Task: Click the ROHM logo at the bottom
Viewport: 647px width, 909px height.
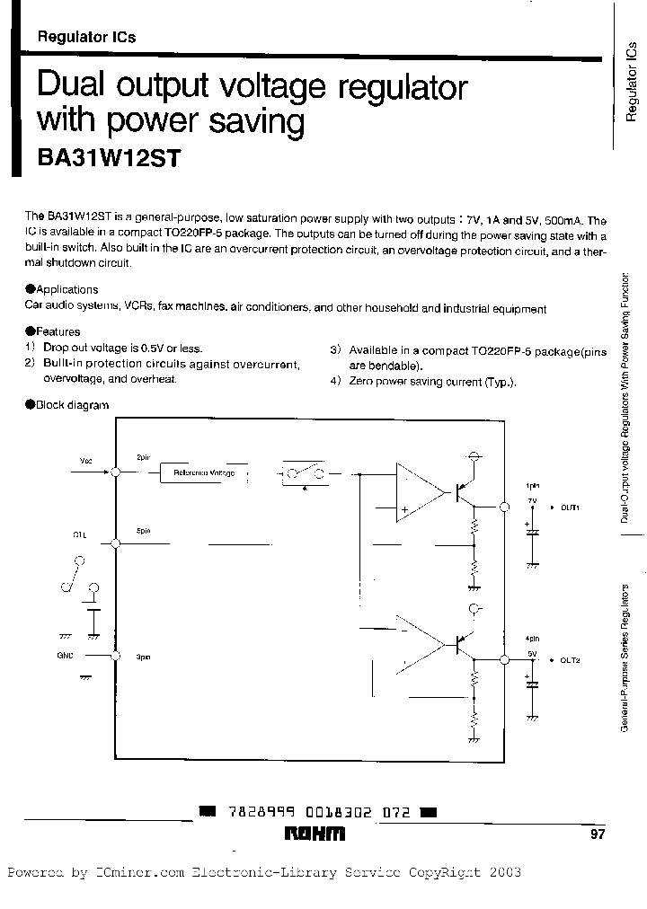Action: [x=314, y=834]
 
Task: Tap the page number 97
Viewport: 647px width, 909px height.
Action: [x=598, y=834]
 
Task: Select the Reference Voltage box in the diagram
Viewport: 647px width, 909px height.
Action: [x=203, y=472]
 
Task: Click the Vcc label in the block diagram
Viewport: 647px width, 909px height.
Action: [x=85, y=460]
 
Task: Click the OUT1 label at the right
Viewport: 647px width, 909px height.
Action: [x=570, y=507]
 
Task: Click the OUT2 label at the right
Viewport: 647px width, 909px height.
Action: [x=570, y=660]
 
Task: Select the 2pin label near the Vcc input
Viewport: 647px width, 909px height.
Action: [x=143, y=457]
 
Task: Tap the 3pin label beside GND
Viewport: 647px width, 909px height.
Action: [x=143, y=657]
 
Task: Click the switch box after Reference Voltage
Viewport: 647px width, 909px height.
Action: [x=305, y=474]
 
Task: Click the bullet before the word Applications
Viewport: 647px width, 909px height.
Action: [x=30, y=289]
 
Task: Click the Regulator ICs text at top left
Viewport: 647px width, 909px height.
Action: [x=86, y=38]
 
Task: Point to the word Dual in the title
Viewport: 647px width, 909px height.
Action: [x=72, y=88]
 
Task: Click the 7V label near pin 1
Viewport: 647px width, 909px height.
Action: [x=531, y=499]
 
